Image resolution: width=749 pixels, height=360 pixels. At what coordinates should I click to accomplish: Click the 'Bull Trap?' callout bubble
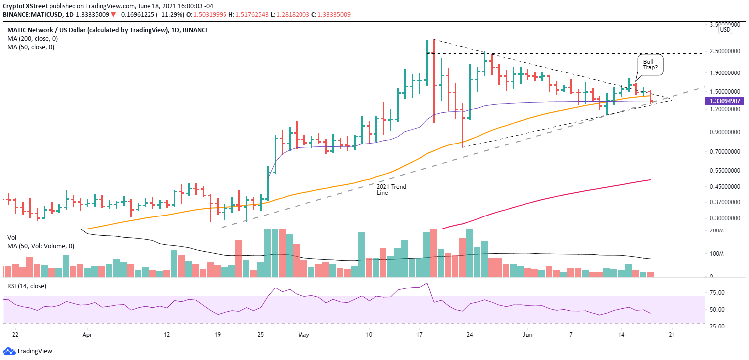651,65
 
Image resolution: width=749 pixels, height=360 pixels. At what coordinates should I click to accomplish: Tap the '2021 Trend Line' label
391,190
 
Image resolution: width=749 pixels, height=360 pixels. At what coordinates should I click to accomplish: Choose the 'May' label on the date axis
304,335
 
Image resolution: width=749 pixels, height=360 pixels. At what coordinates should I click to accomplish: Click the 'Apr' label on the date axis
87,335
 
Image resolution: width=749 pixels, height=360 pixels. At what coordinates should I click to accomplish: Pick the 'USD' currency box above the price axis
725,30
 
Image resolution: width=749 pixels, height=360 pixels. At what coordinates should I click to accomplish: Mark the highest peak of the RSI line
427,284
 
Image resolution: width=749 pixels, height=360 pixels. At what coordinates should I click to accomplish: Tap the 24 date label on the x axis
470,335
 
